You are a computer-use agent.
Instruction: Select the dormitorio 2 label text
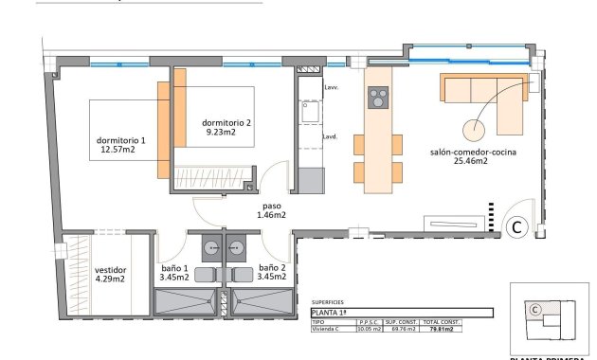point(226,123)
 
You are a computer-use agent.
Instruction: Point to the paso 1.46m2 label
point(273,209)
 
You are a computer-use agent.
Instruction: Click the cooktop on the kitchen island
point(378,97)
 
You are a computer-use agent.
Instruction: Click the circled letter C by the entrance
point(517,226)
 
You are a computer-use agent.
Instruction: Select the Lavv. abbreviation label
point(331,87)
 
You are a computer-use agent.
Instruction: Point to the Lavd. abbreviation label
point(331,136)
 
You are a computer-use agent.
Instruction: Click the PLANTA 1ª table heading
point(331,313)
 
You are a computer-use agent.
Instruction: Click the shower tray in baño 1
point(187,303)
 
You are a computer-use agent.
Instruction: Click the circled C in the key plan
point(534,309)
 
